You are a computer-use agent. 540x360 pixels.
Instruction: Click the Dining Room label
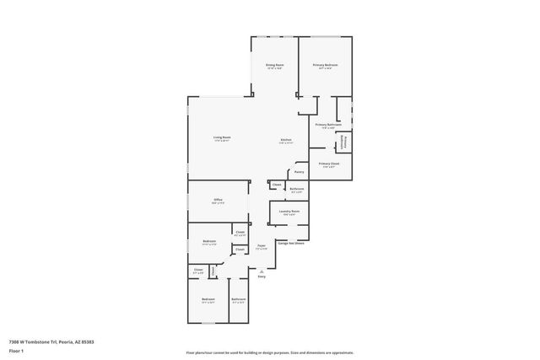[275, 65]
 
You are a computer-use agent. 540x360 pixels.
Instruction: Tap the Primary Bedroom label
[326, 65]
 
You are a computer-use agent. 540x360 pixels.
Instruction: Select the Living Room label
[222, 137]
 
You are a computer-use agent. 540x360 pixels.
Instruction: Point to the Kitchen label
[286, 140]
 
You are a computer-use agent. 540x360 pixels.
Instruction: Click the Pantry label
[299, 172]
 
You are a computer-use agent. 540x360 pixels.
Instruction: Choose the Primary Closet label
[329, 164]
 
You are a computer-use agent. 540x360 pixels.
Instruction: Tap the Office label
[218, 201]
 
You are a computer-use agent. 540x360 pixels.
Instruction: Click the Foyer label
[262, 247]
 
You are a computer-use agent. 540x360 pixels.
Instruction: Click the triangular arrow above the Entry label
[262, 271]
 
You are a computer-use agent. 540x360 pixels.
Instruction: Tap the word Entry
[262, 277]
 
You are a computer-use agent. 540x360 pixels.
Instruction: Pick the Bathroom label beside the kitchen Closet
[297, 189]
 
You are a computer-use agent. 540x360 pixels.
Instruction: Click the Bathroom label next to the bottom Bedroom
[239, 299]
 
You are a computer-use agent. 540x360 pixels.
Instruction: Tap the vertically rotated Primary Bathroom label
[343, 142]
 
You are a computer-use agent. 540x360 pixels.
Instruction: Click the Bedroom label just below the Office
[209, 242]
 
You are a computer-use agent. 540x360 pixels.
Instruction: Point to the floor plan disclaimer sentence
[269, 352]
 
